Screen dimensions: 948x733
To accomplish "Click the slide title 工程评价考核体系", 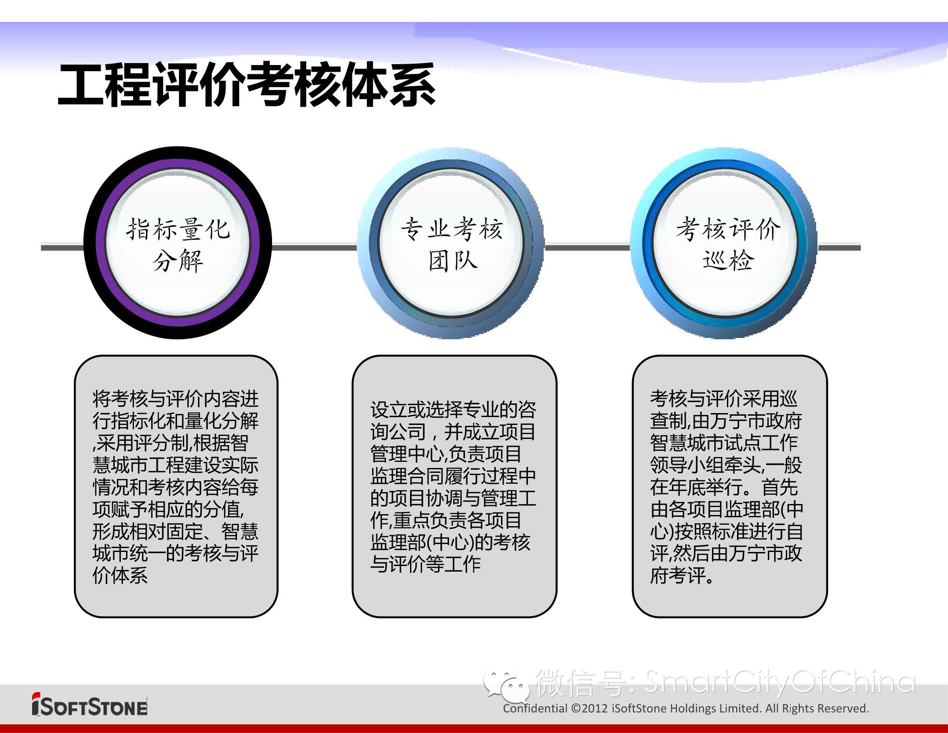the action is click(247, 85).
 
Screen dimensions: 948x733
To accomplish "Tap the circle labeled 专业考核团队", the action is click(451, 243).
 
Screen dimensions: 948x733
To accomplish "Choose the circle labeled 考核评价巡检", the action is click(724, 243).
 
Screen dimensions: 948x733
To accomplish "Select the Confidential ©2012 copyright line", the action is click(686, 708).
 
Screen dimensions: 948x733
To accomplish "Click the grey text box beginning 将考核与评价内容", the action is click(176, 486).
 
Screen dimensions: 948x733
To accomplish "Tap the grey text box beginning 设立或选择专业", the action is click(454, 486).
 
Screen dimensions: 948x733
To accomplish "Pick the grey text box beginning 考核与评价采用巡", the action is click(730, 486).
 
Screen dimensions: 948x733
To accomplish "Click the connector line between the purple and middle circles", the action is click(315, 248).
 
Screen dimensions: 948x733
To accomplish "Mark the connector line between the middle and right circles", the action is click(588, 248).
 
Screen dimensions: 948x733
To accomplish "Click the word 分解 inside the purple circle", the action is click(178, 261).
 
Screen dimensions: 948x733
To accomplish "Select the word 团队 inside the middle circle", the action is click(453, 260).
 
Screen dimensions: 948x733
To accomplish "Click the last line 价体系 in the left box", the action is click(120, 575).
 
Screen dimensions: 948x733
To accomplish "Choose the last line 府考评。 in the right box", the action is click(682, 575).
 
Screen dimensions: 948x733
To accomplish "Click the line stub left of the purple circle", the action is click(62, 248).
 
